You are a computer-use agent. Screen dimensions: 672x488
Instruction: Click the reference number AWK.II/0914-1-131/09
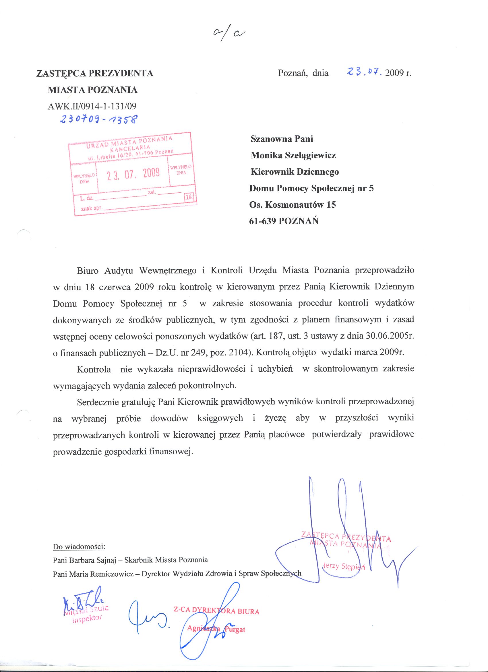[x=92, y=106]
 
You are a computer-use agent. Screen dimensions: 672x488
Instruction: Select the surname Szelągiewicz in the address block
[x=310, y=155]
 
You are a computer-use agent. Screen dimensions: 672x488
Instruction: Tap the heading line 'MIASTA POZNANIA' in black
[x=93, y=90]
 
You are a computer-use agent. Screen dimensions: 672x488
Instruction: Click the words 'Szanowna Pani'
[x=282, y=139]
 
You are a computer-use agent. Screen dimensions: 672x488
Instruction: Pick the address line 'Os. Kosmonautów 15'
[x=293, y=205]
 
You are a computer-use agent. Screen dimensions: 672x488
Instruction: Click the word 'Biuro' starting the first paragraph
[x=86, y=271]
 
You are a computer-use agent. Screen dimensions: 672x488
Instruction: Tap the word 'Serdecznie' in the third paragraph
[x=97, y=402]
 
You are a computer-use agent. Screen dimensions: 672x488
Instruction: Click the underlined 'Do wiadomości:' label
[x=79, y=547]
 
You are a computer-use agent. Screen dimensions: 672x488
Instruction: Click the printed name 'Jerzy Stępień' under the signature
[x=344, y=567]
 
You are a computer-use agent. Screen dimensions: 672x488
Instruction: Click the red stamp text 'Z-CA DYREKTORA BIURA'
[x=216, y=611]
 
